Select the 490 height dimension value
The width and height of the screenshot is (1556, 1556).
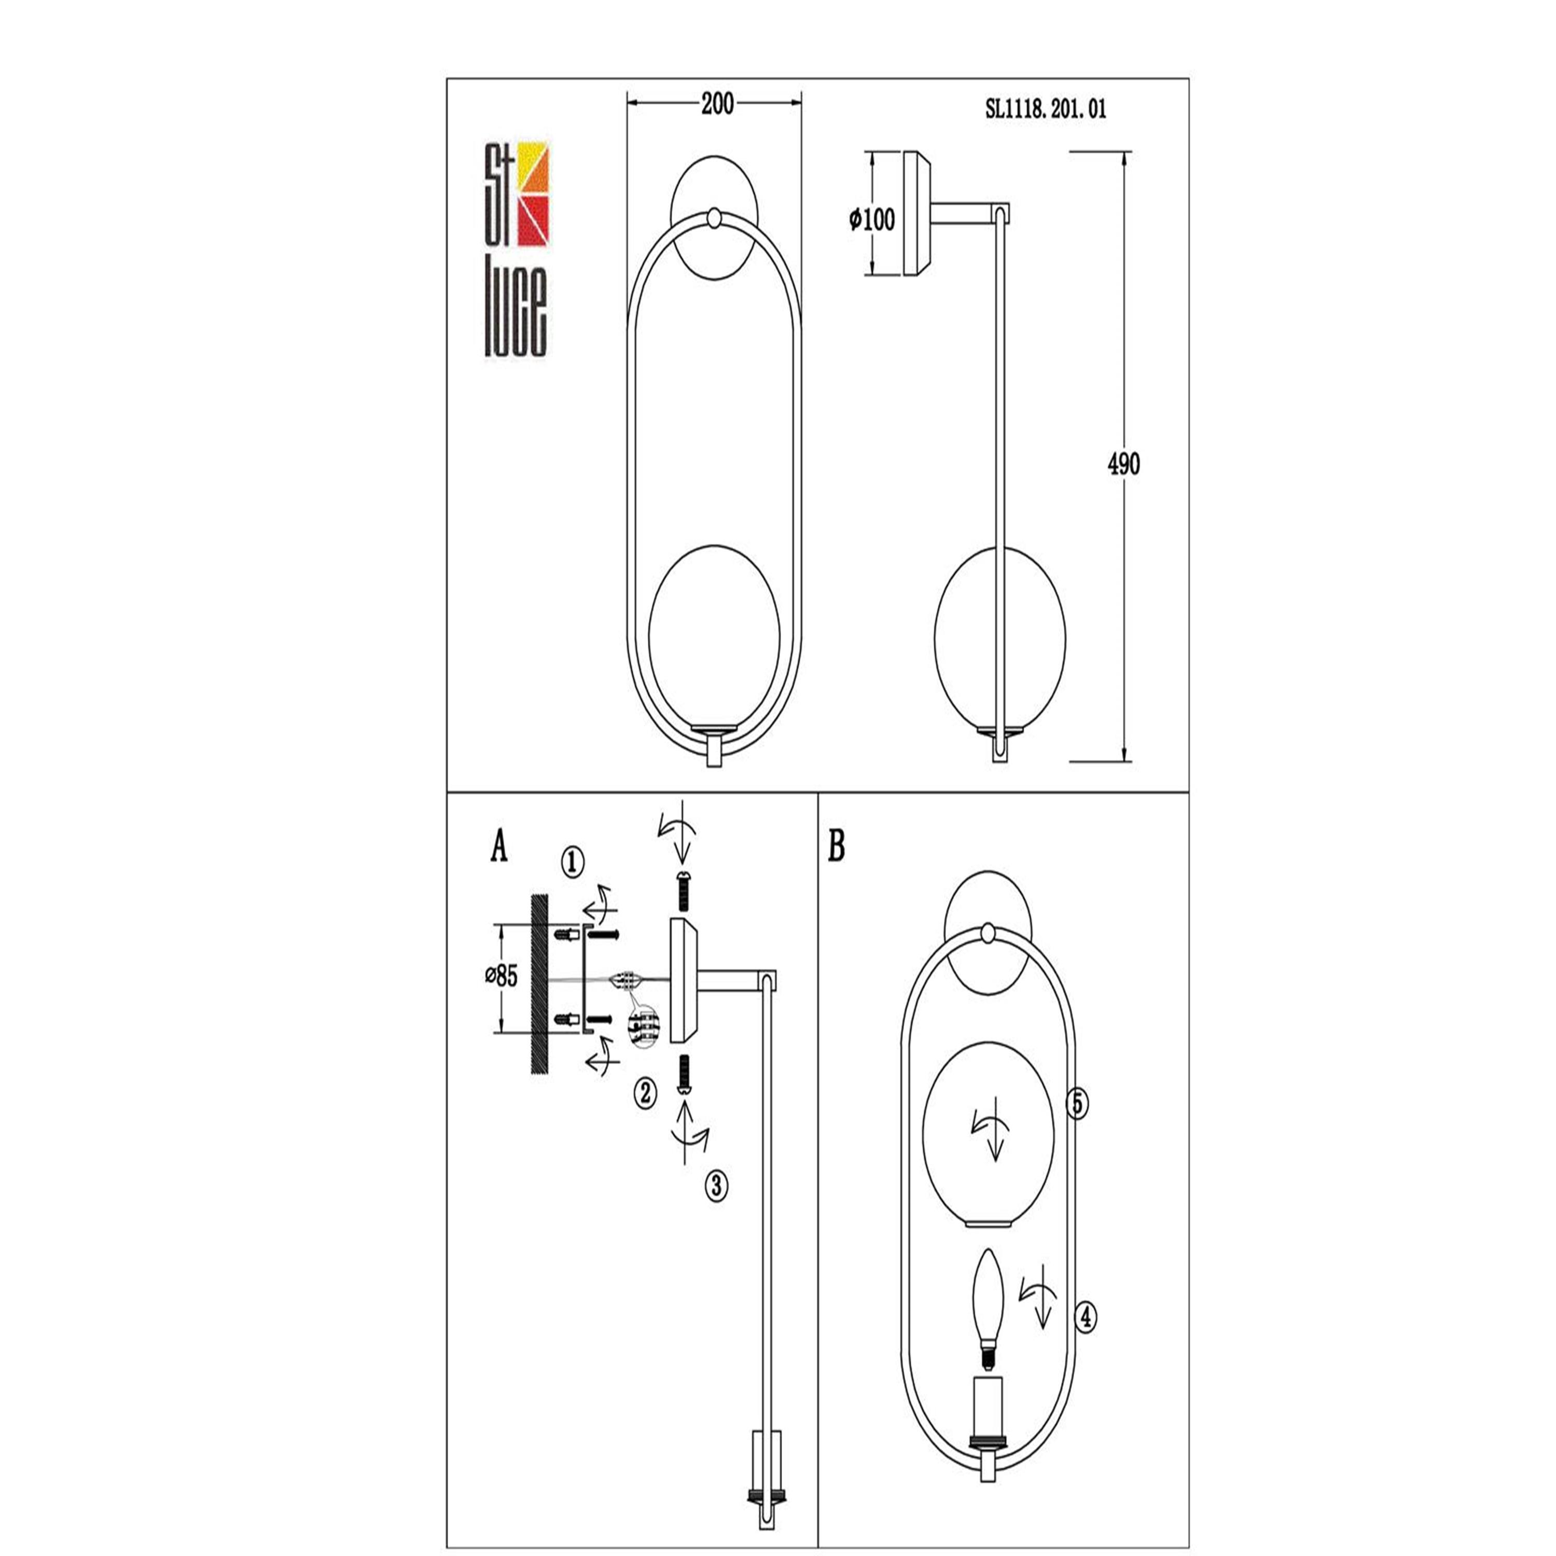(x=1123, y=464)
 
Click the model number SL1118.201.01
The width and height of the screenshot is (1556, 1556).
(x=1046, y=109)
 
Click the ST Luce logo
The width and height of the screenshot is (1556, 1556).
(x=516, y=249)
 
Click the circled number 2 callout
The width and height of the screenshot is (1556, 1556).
(x=645, y=1093)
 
